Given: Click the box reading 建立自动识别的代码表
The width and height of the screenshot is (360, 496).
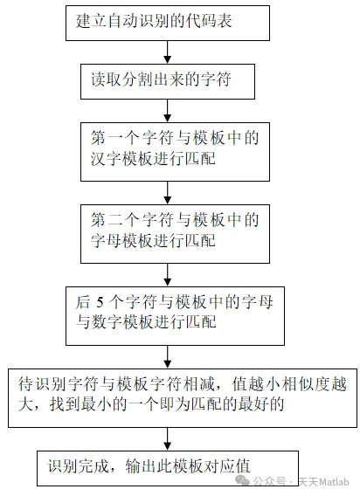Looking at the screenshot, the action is point(168,23).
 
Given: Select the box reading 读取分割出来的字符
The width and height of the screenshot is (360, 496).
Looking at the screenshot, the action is point(168,81).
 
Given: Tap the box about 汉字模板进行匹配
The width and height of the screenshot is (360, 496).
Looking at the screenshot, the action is point(175,152).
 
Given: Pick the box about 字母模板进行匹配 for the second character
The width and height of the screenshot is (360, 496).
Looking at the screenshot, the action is point(175,234).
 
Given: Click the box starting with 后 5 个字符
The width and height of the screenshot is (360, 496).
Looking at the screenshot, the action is point(175,316).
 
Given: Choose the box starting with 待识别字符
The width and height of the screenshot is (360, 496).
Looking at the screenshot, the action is point(183,398).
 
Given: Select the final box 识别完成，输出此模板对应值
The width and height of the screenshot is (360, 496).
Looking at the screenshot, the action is point(168,468).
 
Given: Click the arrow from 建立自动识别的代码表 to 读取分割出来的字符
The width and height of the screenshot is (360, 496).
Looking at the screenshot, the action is point(168,52).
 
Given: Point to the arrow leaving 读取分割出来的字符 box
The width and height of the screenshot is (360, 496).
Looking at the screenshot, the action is point(168,111).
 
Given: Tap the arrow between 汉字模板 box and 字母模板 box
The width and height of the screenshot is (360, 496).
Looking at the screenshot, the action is point(168,193).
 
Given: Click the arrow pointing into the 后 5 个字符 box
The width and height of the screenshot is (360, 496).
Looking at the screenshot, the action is point(168,275).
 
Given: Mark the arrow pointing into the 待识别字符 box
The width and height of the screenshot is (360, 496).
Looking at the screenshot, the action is point(168,357).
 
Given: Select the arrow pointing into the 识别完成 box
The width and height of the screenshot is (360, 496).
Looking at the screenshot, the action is point(168,439).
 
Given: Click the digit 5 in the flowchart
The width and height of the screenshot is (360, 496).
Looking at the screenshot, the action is point(100,303).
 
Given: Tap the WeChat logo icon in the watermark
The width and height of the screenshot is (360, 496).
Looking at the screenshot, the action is point(243,480).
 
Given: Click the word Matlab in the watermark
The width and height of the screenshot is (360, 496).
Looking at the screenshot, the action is point(334,481).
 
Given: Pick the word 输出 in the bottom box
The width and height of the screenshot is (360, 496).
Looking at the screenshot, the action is point(141,466).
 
